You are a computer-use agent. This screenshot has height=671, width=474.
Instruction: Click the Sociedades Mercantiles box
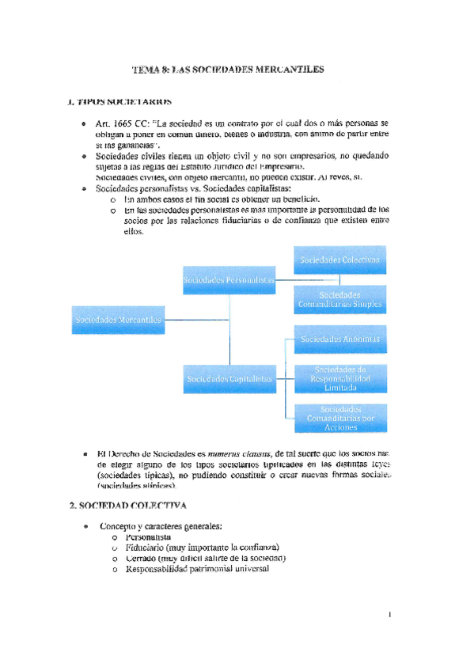click(118, 320)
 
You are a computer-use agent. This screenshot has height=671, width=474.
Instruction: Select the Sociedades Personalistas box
click(229, 281)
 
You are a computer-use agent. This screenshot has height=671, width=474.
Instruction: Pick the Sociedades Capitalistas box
click(229, 379)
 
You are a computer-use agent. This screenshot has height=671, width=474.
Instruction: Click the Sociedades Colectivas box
click(339, 260)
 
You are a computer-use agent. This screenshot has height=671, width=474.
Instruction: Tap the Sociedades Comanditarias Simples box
click(339, 299)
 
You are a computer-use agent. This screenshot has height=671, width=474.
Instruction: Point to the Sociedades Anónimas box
click(339, 339)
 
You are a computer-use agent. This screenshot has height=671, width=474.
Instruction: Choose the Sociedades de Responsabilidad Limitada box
click(339, 379)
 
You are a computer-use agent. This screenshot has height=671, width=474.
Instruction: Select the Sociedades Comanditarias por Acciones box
click(339, 419)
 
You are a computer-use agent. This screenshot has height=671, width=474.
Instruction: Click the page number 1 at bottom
click(391, 612)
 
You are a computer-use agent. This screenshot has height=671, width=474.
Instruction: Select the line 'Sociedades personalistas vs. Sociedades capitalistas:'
click(193, 190)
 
